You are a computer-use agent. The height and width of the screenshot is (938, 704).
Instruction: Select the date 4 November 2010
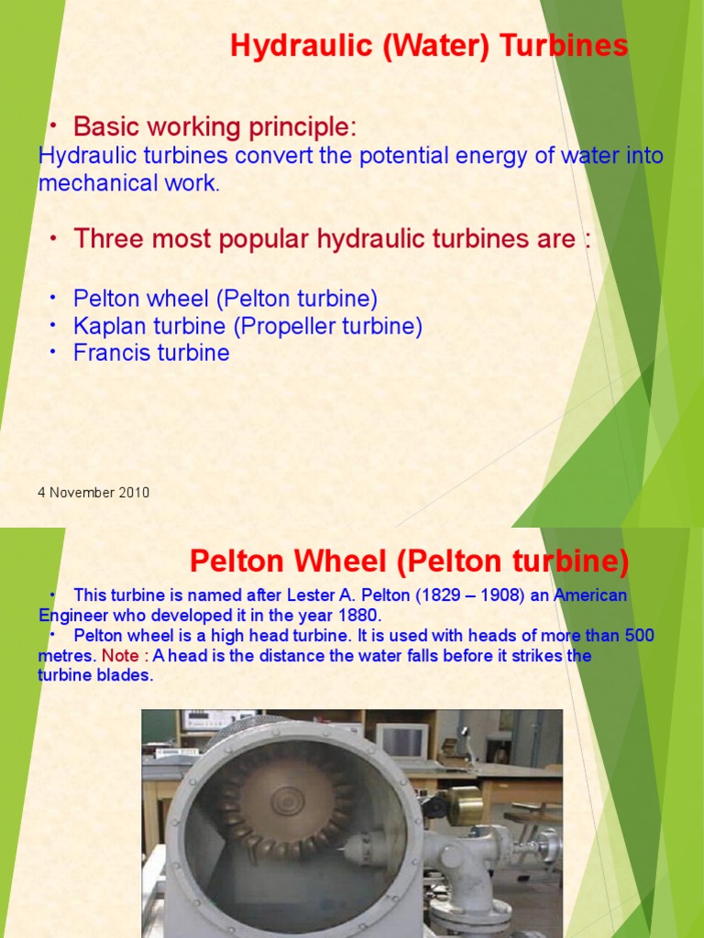pyautogui.click(x=93, y=493)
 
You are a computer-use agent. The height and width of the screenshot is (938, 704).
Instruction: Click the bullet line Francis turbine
pyautogui.click(x=151, y=354)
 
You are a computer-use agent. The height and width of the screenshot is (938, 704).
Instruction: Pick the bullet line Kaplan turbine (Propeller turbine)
pyautogui.click(x=247, y=326)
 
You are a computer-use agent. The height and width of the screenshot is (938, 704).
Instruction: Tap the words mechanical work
pyautogui.click(x=128, y=183)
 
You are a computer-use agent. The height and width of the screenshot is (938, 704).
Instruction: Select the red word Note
pyautogui.click(x=117, y=656)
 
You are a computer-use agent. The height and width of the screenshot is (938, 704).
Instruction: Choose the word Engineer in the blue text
pyautogui.click(x=74, y=616)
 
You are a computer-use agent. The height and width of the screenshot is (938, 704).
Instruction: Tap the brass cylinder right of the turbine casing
pyautogui.click(x=465, y=803)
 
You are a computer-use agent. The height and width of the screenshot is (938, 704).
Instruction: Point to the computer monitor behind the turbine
pyautogui.click(x=401, y=740)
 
